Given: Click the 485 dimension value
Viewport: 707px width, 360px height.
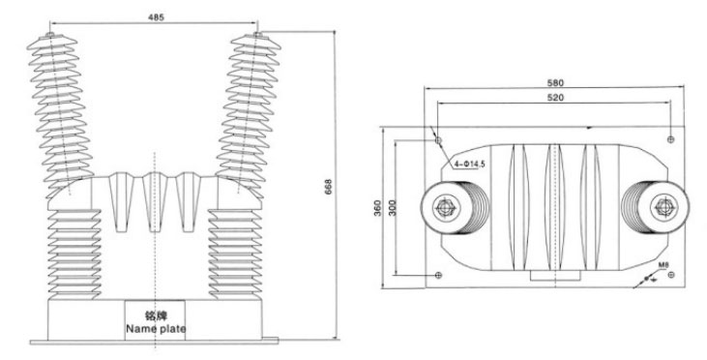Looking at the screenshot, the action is pyautogui.click(x=156, y=17).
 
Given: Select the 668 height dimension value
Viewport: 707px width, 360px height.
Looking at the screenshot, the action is pyautogui.click(x=328, y=187).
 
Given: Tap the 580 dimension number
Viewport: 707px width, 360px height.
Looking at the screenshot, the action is pyautogui.click(x=555, y=83).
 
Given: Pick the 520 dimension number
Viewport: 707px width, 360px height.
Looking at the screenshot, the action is pyautogui.click(x=555, y=98).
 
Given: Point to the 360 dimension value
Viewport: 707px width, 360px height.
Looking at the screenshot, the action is pyautogui.click(x=378, y=208).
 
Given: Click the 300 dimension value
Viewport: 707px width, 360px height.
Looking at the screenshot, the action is pyautogui.click(x=393, y=208).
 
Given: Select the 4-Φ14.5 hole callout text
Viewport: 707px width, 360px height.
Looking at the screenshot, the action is pyautogui.click(x=469, y=165).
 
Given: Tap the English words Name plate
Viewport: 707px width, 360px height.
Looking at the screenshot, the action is pyautogui.click(x=156, y=328).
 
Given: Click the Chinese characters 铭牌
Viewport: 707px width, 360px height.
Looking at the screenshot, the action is pyautogui.click(x=155, y=315).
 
